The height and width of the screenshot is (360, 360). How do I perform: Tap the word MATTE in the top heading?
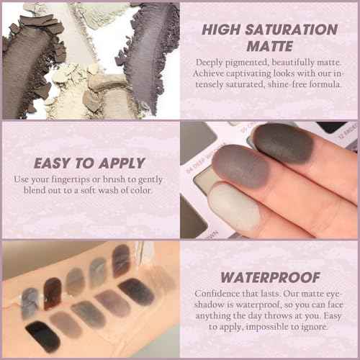(269, 47)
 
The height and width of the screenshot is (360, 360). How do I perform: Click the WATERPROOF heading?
(269, 276)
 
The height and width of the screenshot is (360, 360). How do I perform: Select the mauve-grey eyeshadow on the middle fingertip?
(238, 167)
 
